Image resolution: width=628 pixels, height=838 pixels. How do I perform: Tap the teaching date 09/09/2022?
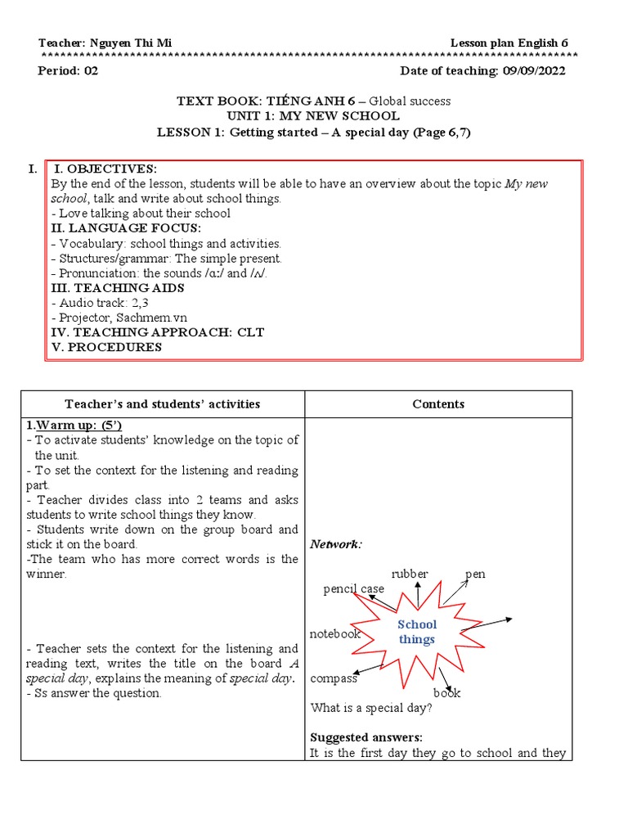tap(532, 70)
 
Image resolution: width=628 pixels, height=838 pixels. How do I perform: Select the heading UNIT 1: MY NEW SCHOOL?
tap(314, 116)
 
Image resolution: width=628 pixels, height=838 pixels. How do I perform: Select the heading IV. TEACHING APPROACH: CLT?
tap(157, 332)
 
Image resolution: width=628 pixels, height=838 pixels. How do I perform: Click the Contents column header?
tap(438, 403)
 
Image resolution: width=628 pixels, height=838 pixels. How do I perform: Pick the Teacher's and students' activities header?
tap(163, 403)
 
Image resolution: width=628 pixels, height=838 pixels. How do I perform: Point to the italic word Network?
tap(336, 544)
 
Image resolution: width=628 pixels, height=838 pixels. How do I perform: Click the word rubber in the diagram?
tap(409, 574)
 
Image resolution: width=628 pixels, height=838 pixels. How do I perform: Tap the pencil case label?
tap(353, 588)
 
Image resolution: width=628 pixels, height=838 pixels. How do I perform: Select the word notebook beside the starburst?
tap(334, 634)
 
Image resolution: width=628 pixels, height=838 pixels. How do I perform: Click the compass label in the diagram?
tap(334, 678)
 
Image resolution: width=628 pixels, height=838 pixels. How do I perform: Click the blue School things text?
tap(417, 631)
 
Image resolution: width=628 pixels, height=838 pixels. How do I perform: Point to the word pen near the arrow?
tap(475, 574)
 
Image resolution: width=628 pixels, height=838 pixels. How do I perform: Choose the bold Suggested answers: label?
tap(366, 737)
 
